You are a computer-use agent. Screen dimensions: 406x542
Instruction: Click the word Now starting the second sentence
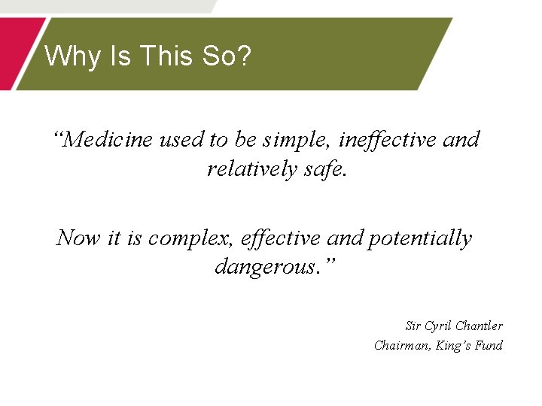click(x=78, y=238)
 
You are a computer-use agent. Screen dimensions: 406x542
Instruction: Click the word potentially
click(x=420, y=238)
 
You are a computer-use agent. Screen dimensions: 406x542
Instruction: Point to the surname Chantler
click(x=480, y=326)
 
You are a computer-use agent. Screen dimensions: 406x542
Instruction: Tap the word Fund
click(x=489, y=346)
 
